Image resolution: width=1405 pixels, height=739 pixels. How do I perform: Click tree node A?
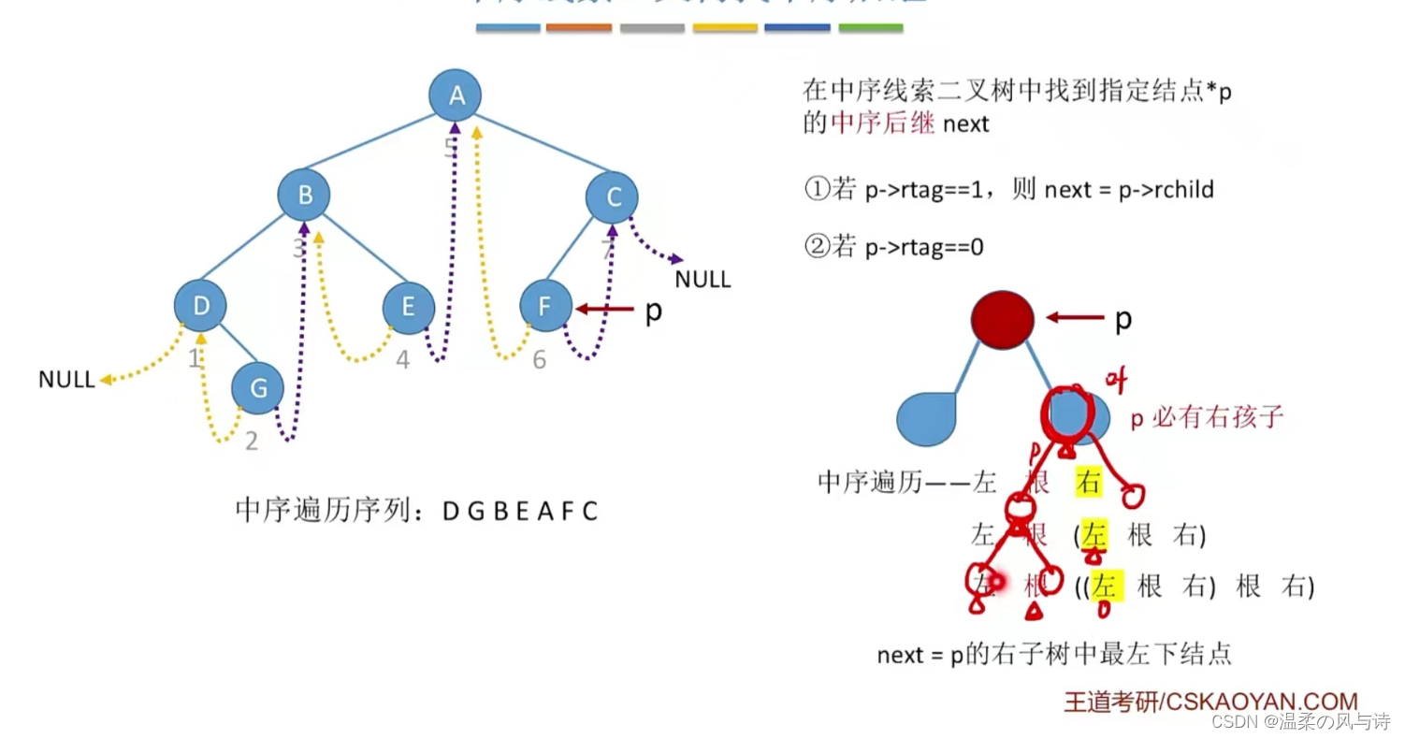456,94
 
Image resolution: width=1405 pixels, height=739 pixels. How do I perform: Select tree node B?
304,196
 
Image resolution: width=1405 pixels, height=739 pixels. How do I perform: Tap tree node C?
613,197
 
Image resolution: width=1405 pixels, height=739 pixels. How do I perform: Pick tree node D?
200,305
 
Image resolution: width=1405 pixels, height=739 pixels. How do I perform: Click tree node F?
545,307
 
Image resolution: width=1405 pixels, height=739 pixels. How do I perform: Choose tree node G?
257,387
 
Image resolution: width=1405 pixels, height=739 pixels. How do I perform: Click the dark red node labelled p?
1002,318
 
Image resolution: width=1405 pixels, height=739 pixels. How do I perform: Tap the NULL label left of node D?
66,380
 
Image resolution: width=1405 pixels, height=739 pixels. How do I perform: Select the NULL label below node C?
703,279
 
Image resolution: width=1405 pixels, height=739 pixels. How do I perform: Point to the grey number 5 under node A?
451,147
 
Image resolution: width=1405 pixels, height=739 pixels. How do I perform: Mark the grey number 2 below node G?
252,441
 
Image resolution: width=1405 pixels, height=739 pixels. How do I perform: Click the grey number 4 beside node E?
402,359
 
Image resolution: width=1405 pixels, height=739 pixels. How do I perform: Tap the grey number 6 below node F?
540,359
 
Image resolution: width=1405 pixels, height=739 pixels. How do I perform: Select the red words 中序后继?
883,123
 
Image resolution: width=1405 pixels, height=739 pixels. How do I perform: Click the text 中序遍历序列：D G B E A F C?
416,512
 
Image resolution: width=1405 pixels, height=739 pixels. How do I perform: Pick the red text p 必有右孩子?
1207,418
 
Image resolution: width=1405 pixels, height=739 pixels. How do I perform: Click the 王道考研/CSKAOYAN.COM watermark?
1210,702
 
